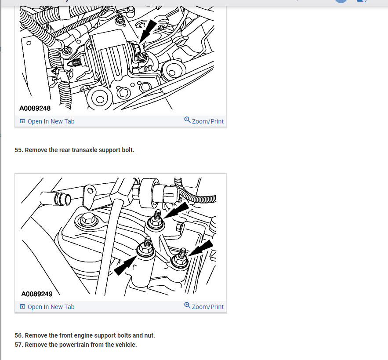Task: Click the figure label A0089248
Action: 35,108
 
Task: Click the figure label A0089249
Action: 37,294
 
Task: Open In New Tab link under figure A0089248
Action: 51,121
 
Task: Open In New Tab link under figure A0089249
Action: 51,307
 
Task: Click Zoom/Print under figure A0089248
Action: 207,121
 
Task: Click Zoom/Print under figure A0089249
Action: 207,307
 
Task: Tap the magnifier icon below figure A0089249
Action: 187,305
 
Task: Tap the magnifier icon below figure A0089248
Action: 187,120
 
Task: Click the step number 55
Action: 19,150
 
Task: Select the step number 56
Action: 19,335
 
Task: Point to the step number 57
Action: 19,345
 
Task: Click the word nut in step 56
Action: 149,335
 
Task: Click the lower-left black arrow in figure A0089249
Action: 125,265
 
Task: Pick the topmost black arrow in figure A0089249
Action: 177,210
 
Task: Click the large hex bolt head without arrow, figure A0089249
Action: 87,219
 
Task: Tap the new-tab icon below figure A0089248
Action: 22,121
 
